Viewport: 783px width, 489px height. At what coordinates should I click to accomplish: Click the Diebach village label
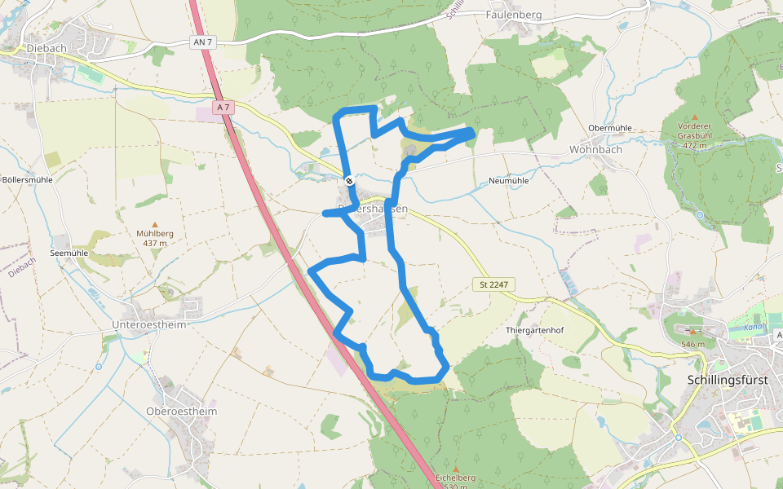[46, 48]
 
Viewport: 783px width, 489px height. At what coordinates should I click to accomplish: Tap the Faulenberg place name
[514, 15]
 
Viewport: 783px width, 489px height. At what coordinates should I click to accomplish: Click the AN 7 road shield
[203, 42]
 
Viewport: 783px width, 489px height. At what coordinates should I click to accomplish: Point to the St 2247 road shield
[493, 284]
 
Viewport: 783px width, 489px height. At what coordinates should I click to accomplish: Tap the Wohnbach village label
[595, 149]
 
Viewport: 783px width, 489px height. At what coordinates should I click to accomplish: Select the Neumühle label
[508, 181]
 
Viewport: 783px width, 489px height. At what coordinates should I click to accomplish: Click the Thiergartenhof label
[535, 330]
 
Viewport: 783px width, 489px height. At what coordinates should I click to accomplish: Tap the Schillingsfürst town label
[723, 380]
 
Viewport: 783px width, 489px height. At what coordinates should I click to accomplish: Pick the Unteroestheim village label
[148, 324]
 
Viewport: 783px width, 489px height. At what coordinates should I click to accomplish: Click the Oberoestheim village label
[182, 412]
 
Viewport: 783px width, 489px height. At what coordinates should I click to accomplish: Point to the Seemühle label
[69, 253]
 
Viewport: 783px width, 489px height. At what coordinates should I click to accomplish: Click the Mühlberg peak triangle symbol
[155, 224]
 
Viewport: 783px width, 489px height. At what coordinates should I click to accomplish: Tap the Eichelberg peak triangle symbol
[456, 469]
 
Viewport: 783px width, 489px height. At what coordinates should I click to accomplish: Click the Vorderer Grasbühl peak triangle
[694, 117]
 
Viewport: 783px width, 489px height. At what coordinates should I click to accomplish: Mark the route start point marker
[349, 181]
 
